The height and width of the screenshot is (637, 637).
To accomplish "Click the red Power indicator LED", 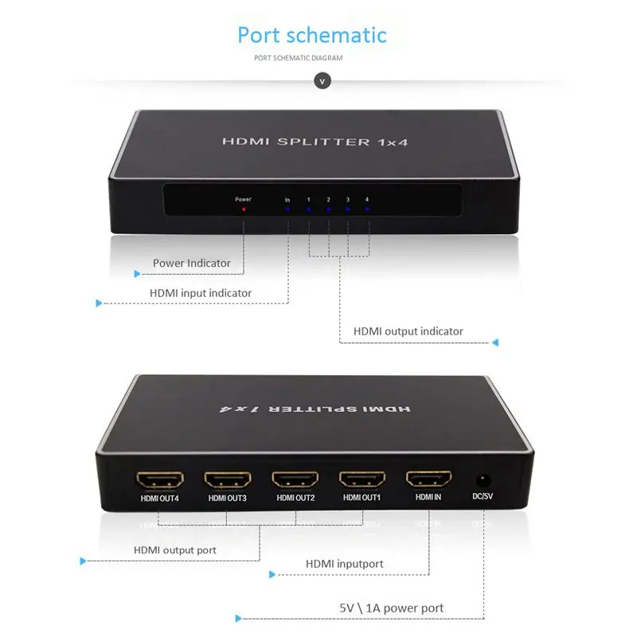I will (x=244, y=209).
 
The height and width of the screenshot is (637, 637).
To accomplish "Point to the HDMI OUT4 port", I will (x=160, y=480).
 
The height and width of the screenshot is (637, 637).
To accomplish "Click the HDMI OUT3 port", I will (x=228, y=480).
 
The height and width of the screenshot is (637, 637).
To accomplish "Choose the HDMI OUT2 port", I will (x=295, y=480).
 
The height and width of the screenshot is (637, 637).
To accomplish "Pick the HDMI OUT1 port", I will (x=363, y=480).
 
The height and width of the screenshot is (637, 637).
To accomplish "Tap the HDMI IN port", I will (x=429, y=479).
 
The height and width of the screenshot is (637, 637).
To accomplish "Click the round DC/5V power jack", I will (x=482, y=479).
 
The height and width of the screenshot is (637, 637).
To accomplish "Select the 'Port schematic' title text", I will (x=312, y=35).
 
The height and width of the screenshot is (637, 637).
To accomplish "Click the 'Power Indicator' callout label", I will (x=192, y=263).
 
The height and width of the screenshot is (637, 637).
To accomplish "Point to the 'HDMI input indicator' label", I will (x=201, y=293).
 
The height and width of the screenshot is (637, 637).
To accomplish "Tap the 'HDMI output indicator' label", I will (x=408, y=331).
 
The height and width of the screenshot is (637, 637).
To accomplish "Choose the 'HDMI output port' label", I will (x=175, y=549).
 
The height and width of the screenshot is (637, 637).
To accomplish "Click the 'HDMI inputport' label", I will (x=345, y=564).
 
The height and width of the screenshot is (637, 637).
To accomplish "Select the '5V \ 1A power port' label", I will (x=391, y=608).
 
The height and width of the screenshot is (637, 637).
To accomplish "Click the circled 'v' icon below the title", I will (x=322, y=80).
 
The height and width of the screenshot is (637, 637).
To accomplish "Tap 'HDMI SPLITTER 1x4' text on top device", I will (x=307, y=142).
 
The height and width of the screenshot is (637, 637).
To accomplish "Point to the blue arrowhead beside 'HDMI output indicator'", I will (x=494, y=343).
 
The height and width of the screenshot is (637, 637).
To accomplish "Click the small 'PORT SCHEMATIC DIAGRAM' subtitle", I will (x=299, y=58).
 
